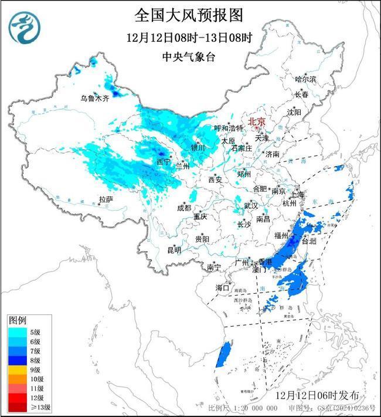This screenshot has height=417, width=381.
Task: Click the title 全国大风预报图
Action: click(189, 14)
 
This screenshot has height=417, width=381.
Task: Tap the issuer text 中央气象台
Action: click(189, 57)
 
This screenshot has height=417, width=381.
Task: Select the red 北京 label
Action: click(257, 121)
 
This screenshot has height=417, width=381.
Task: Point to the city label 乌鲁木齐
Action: click(94, 99)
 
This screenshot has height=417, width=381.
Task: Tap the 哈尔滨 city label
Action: click(305, 79)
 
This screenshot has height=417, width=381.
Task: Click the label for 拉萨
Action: click(106, 199)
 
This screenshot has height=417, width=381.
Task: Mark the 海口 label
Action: click(222, 287)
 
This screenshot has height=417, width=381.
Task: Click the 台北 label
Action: click(309, 241)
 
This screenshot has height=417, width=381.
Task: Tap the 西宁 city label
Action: click(164, 161)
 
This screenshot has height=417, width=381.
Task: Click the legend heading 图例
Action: click(17, 320)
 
